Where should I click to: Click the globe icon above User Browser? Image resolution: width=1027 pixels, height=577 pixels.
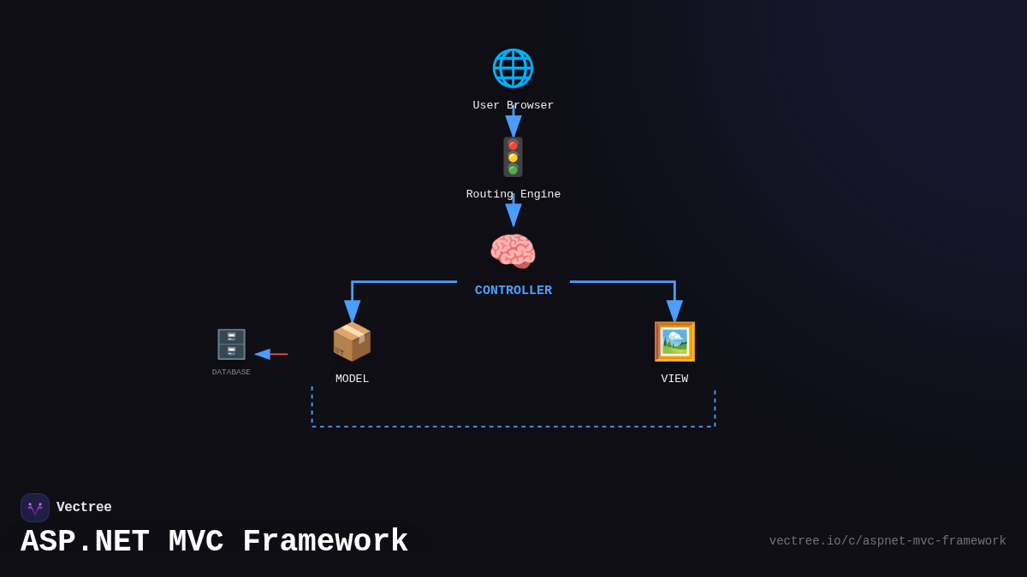pyautogui.click(x=513, y=68)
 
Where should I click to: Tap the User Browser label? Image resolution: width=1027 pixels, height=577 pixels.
pyautogui.click(x=513, y=106)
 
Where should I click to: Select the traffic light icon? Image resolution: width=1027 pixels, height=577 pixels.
pyautogui.click(x=513, y=157)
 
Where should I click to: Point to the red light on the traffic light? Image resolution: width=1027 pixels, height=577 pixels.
pyautogui.click(x=513, y=145)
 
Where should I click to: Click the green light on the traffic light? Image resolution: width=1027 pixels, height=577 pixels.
pyautogui.click(x=513, y=169)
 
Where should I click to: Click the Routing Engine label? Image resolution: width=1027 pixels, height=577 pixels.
pyautogui.click(x=513, y=195)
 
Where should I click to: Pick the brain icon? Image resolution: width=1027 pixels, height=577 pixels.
pyautogui.click(x=513, y=251)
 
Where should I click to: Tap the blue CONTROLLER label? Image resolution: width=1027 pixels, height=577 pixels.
pyautogui.click(x=513, y=291)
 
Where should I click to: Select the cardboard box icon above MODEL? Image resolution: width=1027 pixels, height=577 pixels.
pyautogui.click(x=352, y=342)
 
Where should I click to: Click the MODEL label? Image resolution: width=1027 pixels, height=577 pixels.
pyautogui.click(x=352, y=379)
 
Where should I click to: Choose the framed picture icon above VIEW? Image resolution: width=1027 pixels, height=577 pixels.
pyautogui.click(x=674, y=342)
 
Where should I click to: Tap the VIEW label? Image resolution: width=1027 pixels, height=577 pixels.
pyautogui.click(x=674, y=379)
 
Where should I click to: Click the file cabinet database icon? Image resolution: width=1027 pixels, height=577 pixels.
pyautogui.click(x=231, y=344)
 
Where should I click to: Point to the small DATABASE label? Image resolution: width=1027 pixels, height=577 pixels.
pyautogui.click(x=231, y=373)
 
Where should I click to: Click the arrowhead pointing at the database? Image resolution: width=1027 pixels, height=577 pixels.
pyautogui.click(x=262, y=354)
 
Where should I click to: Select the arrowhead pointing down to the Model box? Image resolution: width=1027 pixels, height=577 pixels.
pyautogui.click(x=352, y=311)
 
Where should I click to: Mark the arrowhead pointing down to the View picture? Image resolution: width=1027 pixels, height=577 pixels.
pyautogui.click(x=674, y=311)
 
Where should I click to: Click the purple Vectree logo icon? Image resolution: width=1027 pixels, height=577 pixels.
pyautogui.click(x=35, y=508)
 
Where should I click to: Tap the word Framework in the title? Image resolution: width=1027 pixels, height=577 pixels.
pyautogui.click(x=325, y=542)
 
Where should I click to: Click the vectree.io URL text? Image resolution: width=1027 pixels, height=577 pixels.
pyautogui.click(x=887, y=541)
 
